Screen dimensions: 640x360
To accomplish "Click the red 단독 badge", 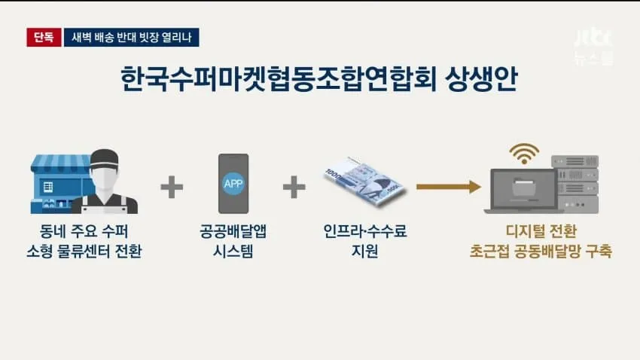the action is [x=44, y=37].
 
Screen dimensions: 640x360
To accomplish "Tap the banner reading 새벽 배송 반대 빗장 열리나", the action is [x=132, y=37].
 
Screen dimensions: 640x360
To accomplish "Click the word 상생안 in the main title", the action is [x=481, y=78].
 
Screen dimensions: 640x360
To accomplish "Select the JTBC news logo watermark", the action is [x=594, y=47].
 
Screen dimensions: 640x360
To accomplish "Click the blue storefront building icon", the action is [x=60, y=184].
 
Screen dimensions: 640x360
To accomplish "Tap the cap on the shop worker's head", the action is [x=105, y=158].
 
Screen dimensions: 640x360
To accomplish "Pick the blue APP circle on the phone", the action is [x=233, y=183].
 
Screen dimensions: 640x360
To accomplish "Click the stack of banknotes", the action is [x=364, y=182].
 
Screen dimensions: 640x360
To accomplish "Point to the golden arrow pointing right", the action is [x=449, y=187].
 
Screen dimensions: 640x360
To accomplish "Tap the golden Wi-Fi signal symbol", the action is [x=524, y=154].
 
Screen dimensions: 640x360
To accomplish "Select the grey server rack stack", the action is [x=575, y=184].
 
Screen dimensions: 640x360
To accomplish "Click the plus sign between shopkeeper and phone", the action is [x=172, y=187].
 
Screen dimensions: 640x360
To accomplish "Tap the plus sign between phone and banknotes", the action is [x=294, y=187].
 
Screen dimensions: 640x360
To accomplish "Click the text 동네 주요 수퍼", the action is [x=84, y=231].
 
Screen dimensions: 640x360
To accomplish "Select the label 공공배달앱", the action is [x=233, y=231].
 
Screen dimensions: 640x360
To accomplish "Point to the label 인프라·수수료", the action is [x=365, y=231].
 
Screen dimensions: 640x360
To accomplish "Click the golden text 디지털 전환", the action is [x=541, y=231].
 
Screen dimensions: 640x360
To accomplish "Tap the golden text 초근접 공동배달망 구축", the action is [x=541, y=251].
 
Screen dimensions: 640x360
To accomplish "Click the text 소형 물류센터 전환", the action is [x=84, y=251].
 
